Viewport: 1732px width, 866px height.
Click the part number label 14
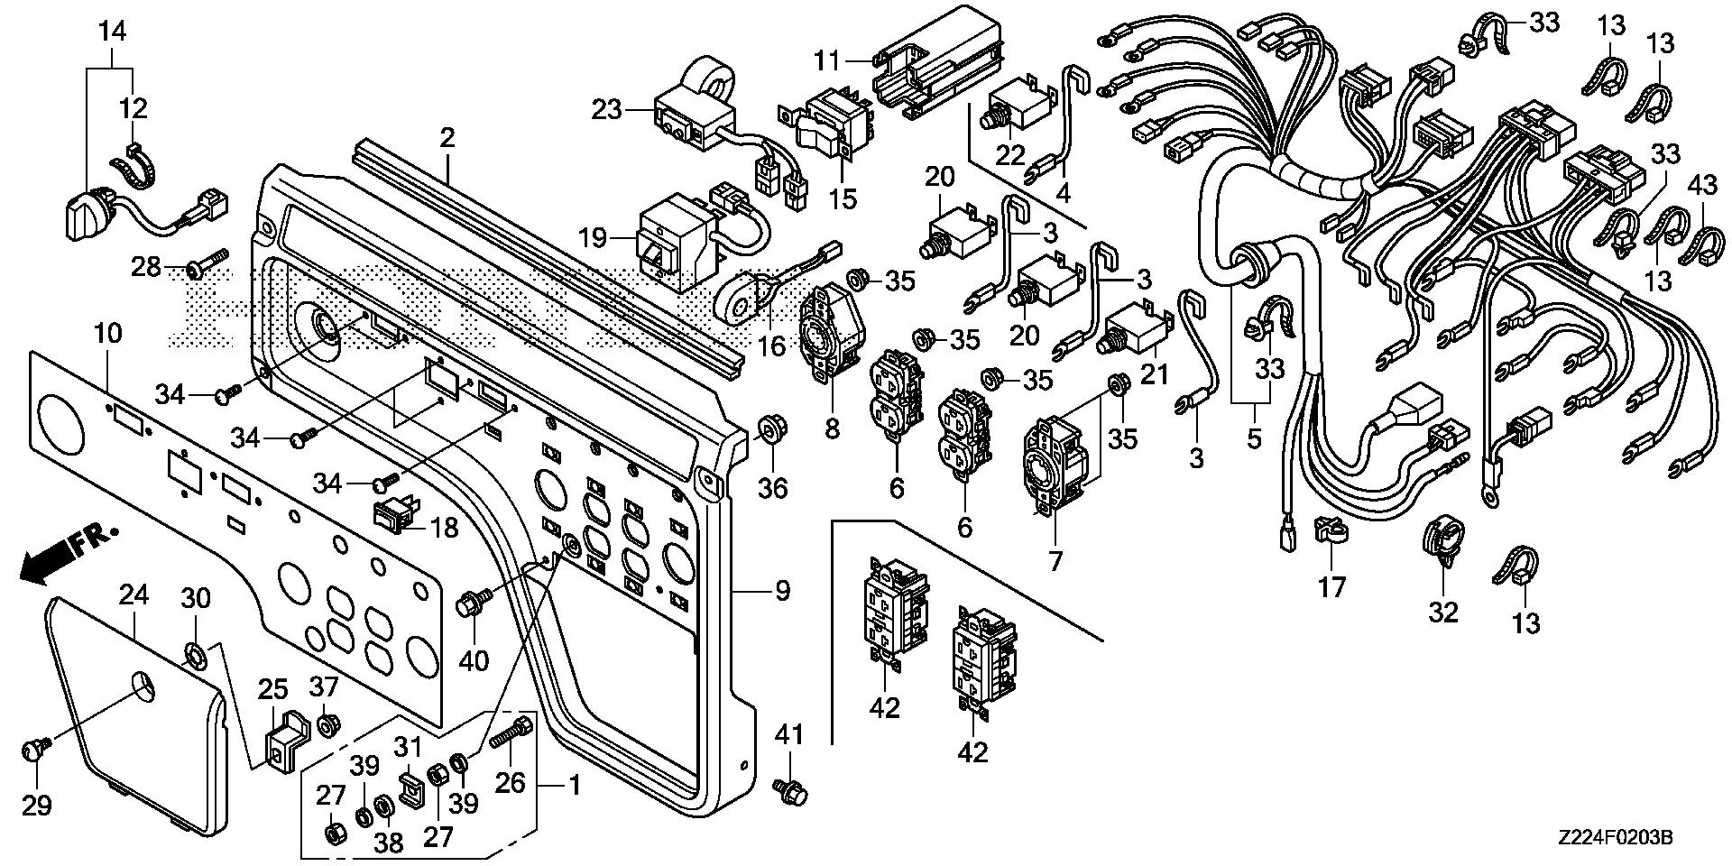pos(113,32)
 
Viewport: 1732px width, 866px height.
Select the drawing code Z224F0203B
pos(1616,839)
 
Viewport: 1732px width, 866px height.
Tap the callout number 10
pos(107,334)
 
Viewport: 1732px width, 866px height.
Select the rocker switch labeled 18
pos(394,515)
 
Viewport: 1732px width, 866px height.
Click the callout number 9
pos(781,591)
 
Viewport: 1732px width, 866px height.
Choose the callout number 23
pos(607,111)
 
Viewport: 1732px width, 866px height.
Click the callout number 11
pos(827,61)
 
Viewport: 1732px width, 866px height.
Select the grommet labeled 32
pos(1441,544)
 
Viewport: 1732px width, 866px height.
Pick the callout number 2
pos(447,139)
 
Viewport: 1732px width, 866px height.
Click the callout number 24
pos(134,595)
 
